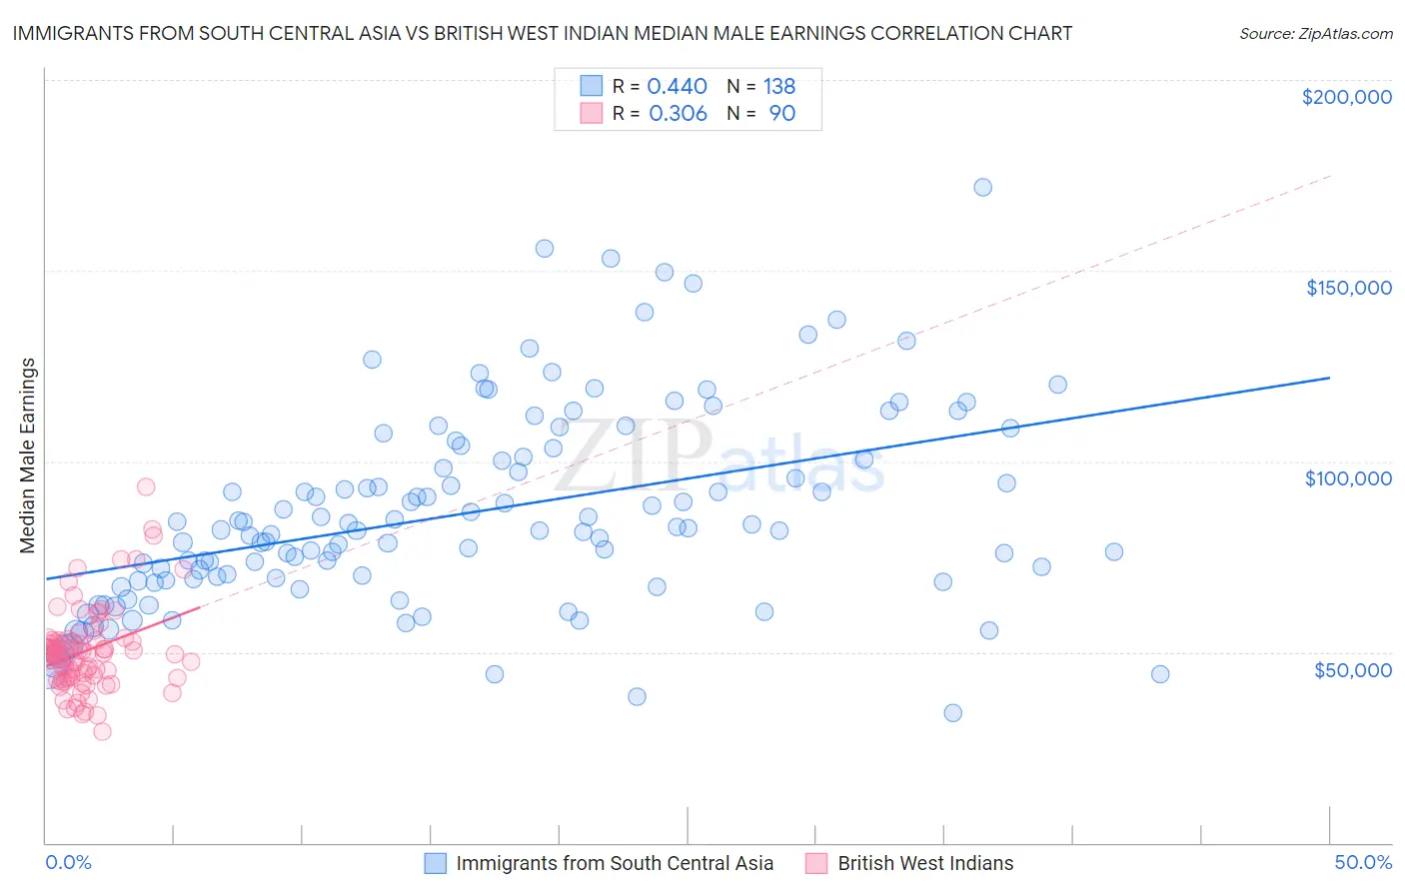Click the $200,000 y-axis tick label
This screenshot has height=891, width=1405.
pos(1346,97)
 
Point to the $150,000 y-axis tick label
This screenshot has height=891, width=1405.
pos(1348,288)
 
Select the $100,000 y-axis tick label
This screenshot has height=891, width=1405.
pos(1348,478)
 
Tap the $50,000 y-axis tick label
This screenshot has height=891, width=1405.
pos(1352,669)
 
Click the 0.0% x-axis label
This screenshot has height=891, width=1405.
pos(68,862)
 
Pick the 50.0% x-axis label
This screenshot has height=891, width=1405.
pos(1363,862)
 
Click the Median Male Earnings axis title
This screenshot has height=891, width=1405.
pos(28,455)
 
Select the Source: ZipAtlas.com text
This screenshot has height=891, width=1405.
pos(1315,34)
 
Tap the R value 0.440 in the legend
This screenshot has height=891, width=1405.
pos(677,87)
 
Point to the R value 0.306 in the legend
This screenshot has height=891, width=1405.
pos(678,114)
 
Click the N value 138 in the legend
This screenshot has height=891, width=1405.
pos(779,87)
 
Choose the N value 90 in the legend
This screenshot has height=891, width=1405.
pos(781,114)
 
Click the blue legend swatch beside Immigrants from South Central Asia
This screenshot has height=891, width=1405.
pos(435,863)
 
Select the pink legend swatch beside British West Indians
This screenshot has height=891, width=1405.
pos(816,863)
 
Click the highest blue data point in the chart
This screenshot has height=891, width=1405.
pos(982,187)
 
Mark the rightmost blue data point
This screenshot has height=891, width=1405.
pos(1159,674)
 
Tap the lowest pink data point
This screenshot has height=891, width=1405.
pos(102,731)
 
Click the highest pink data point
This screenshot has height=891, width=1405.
pos(146,486)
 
